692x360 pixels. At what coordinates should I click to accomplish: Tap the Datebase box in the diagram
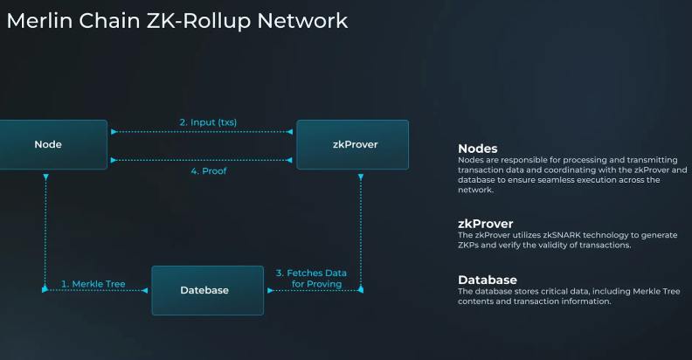pos(207,290)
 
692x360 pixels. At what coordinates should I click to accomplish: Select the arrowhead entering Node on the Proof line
pos(112,159)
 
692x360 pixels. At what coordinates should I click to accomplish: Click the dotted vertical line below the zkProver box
pos(362,227)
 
